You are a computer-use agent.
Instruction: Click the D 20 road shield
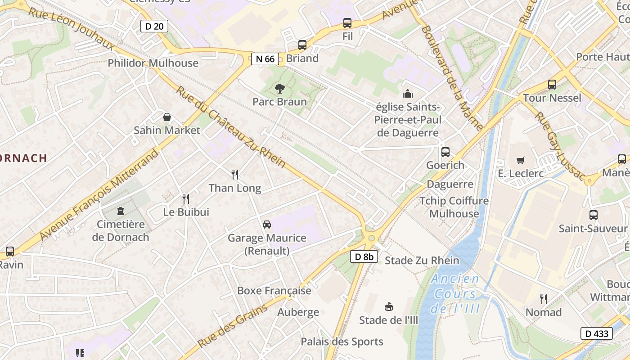click(154, 26)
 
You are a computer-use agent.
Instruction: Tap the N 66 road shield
click(265, 58)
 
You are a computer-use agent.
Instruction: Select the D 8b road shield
click(364, 256)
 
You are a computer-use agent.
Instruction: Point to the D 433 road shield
click(597, 333)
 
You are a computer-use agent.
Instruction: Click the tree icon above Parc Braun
click(279, 89)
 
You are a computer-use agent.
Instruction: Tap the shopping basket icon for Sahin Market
click(167, 117)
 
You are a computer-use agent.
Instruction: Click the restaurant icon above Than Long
click(234, 175)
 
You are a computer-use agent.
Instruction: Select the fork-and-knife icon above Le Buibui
click(186, 198)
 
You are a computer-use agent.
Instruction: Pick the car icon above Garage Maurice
click(267, 225)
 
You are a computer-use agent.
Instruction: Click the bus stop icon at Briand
click(302, 45)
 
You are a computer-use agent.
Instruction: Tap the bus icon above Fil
click(347, 23)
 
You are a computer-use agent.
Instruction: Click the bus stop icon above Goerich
click(445, 152)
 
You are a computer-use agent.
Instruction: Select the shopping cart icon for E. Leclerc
click(521, 160)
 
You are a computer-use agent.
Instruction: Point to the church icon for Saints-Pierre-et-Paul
click(408, 94)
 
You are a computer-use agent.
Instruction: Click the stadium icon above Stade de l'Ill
click(389, 307)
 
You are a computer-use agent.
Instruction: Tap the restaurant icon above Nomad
click(544, 299)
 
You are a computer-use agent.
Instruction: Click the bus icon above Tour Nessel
click(552, 85)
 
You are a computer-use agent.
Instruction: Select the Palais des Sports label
click(342, 342)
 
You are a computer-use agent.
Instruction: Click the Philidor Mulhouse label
click(153, 63)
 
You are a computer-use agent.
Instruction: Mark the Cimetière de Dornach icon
click(121, 211)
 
